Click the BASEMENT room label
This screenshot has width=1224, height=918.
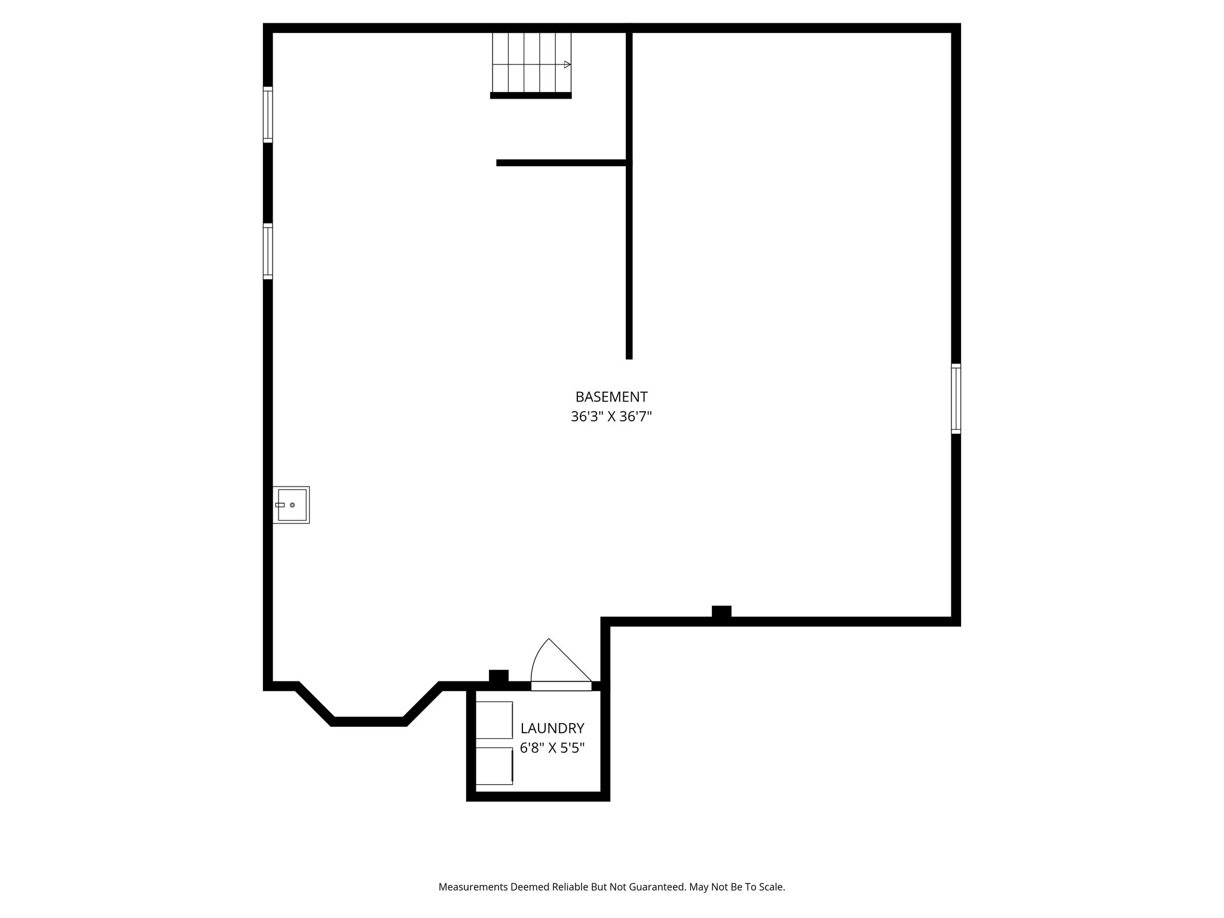(x=611, y=397)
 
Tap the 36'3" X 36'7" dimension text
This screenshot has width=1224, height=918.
(x=611, y=417)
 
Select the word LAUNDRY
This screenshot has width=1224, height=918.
(x=552, y=728)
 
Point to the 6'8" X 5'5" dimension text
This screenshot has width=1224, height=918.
(x=552, y=748)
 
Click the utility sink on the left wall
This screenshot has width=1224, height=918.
(x=291, y=505)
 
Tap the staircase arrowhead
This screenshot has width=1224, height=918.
(x=567, y=65)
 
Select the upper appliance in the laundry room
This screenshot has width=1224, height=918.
(x=494, y=720)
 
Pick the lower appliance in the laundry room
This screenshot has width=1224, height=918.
(x=494, y=766)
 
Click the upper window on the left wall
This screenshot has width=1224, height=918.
(x=268, y=115)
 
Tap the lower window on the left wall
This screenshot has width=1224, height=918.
(x=268, y=251)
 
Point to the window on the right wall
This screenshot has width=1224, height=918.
(x=956, y=399)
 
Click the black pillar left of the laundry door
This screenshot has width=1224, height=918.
(x=498, y=676)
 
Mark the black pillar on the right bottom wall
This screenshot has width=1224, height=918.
(x=721, y=612)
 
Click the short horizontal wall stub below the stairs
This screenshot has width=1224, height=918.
(x=562, y=163)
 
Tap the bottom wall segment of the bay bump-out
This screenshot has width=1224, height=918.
(x=369, y=721)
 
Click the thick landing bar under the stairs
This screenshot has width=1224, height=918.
(x=531, y=96)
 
